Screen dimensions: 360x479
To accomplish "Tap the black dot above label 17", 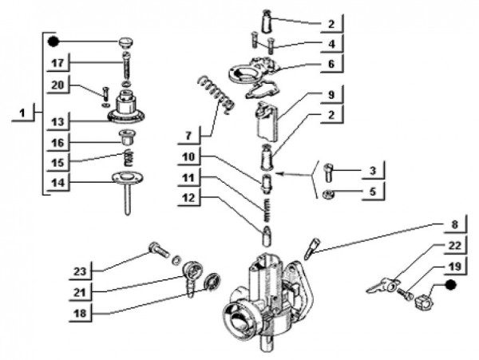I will coord(53,41).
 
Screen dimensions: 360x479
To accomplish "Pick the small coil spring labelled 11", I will coord(267,212).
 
